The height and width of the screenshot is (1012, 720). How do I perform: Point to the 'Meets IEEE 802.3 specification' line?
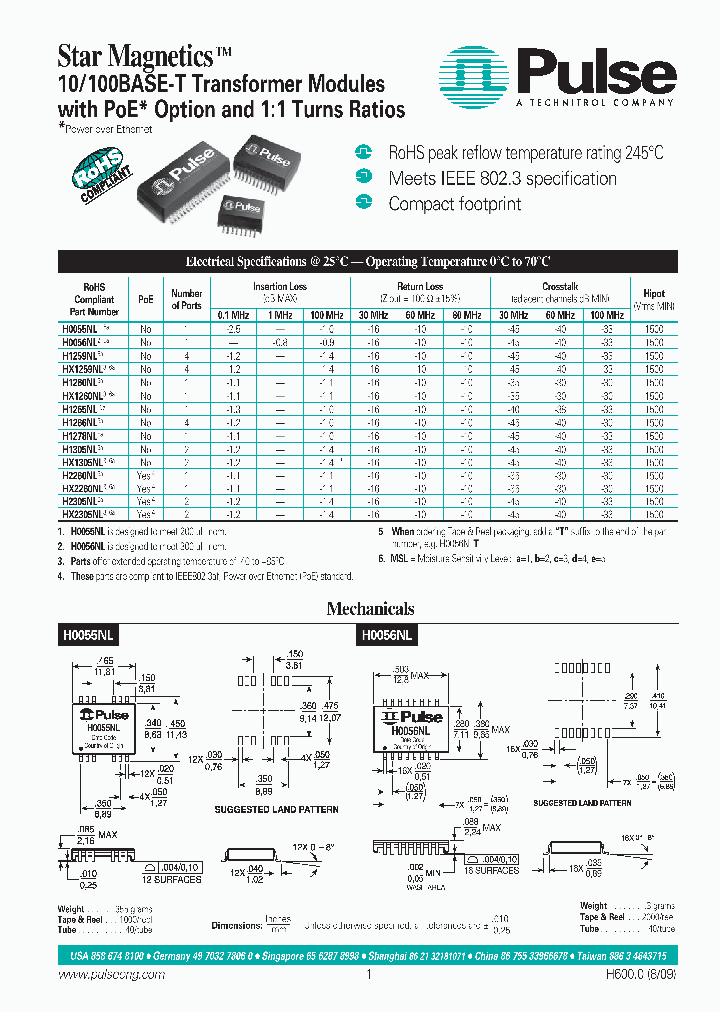pyautogui.click(x=502, y=179)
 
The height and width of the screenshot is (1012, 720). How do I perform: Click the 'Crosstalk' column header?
pyautogui.click(x=560, y=286)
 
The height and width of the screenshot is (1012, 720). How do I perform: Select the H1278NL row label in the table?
pyautogui.click(x=82, y=436)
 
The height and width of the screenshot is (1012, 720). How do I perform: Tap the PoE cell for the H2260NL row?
pyautogui.click(x=146, y=475)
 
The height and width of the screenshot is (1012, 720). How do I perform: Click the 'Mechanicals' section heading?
pyautogui.click(x=370, y=609)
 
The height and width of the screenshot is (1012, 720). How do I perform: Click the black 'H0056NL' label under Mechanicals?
pyautogui.click(x=386, y=634)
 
